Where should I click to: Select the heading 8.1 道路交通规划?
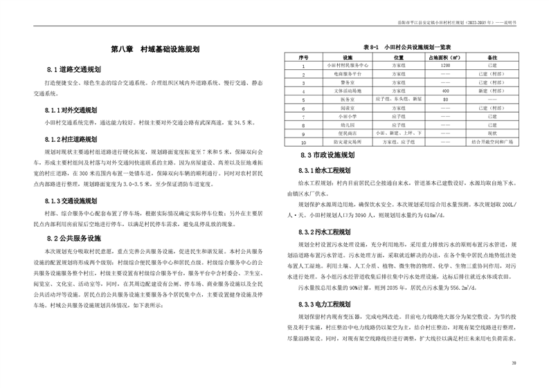pyautogui.click(x=74, y=70)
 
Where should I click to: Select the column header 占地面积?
pyautogui.click(x=445, y=56)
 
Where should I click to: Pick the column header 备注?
pyautogui.click(x=493, y=56)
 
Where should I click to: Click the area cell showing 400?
pyautogui.click(x=445, y=90)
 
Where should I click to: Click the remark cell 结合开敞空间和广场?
pyautogui.click(x=493, y=141)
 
